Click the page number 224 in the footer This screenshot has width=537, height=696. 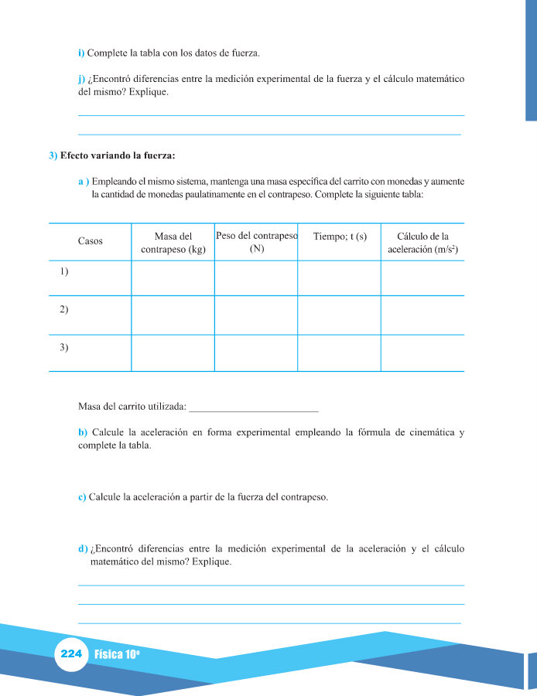[71, 653]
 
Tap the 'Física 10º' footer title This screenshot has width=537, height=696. [116, 654]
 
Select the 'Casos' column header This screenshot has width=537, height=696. [91, 241]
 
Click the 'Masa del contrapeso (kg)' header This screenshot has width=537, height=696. [173, 243]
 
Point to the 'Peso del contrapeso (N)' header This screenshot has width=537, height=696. [256, 241]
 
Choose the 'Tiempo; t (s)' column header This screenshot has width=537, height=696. [340, 236]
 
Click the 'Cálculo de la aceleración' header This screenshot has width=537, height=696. [422, 243]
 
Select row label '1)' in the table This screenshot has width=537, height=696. [64, 271]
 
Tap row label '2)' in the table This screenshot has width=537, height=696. [64, 309]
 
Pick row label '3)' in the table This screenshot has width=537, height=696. [64, 347]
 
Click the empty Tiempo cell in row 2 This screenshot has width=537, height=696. [339, 315]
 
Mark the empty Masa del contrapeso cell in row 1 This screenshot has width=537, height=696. [173, 278]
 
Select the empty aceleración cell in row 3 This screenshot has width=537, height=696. [422, 353]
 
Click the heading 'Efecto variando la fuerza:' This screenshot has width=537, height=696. [118, 155]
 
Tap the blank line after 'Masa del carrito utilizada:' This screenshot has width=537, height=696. [254, 407]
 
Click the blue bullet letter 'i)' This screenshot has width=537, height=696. [81, 53]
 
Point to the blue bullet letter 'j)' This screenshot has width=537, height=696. [82, 79]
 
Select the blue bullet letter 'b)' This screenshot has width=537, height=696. [83, 432]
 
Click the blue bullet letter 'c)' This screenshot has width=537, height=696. [82, 497]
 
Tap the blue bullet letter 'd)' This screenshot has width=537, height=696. [83, 549]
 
